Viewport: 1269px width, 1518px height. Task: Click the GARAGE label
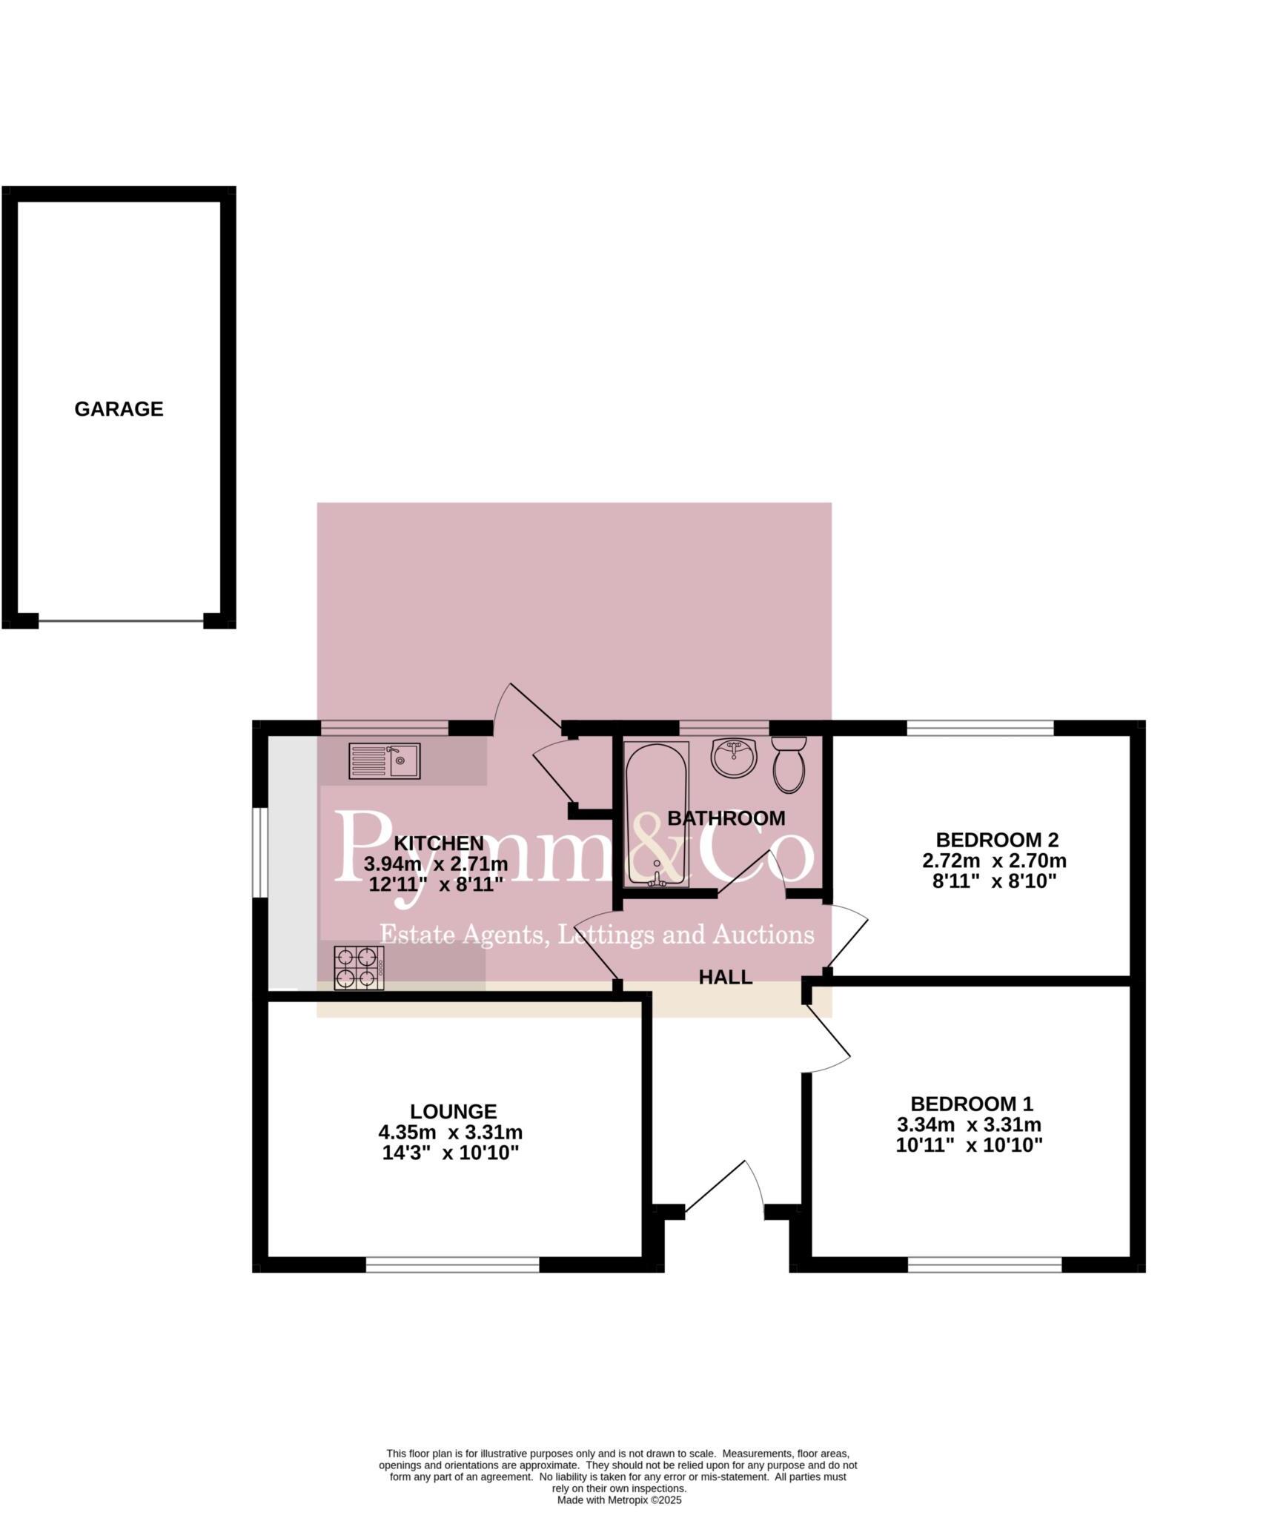point(119,409)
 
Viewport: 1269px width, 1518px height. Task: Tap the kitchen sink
point(384,760)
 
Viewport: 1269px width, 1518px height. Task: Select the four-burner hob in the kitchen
point(359,968)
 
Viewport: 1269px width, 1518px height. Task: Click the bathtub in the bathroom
point(656,813)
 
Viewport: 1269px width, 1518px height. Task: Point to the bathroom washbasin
point(733,758)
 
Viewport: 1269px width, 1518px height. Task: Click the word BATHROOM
point(726,818)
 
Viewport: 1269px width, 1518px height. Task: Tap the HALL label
point(725,977)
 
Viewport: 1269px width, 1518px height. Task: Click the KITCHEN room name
point(438,843)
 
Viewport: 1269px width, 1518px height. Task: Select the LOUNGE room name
point(453,1112)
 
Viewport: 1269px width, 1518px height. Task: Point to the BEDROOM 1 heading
point(971,1104)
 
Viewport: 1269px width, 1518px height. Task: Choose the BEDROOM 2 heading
point(996,840)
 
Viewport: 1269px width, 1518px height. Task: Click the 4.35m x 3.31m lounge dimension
point(450,1133)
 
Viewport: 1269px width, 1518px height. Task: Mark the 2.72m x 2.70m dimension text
point(993,861)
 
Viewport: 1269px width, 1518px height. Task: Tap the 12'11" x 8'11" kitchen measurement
point(436,884)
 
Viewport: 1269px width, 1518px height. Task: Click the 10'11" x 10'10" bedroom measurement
point(969,1145)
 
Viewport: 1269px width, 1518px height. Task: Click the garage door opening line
point(121,621)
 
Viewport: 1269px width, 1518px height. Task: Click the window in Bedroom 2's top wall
point(979,728)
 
